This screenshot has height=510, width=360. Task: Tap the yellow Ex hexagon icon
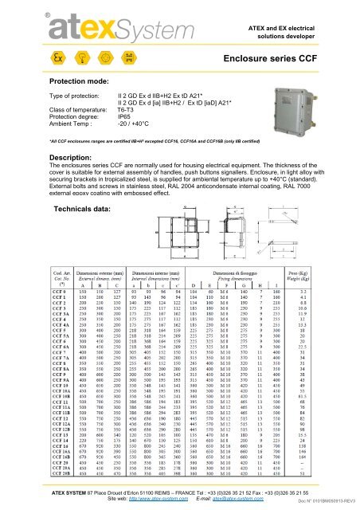tap(35, 61)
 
